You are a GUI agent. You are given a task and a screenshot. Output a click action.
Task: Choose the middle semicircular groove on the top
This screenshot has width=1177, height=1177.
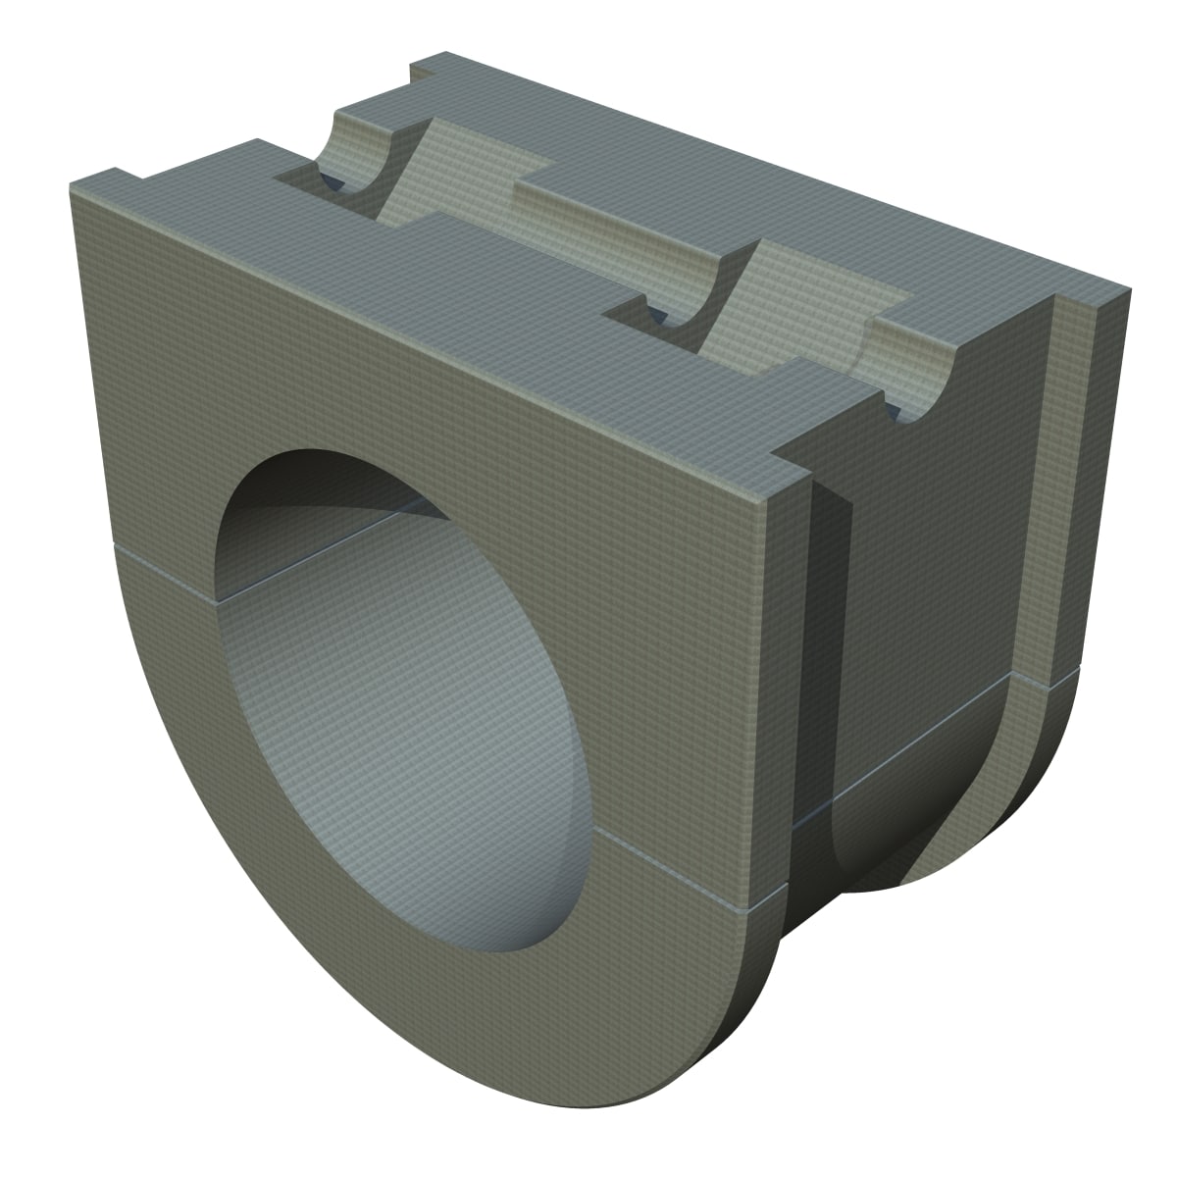(x=687, y=284)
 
